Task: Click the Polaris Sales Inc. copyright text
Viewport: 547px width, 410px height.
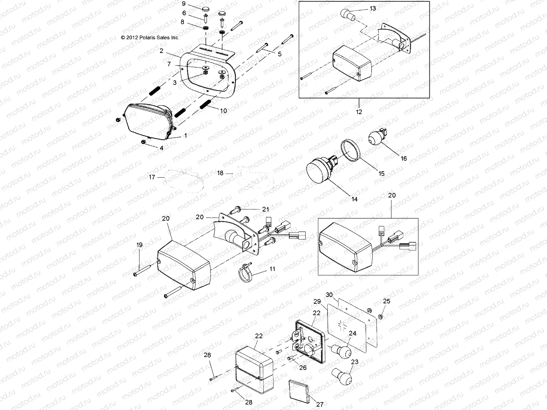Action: [150, 38]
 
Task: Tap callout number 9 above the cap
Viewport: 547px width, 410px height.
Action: [184, 4]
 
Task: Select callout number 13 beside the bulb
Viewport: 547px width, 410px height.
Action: [372, 8]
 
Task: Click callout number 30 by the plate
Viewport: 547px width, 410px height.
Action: [329, 295]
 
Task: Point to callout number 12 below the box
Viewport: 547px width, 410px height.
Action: [359, 111]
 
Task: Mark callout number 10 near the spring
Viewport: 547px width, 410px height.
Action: [223, 111]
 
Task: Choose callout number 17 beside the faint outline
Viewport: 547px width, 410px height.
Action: [152, 177]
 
